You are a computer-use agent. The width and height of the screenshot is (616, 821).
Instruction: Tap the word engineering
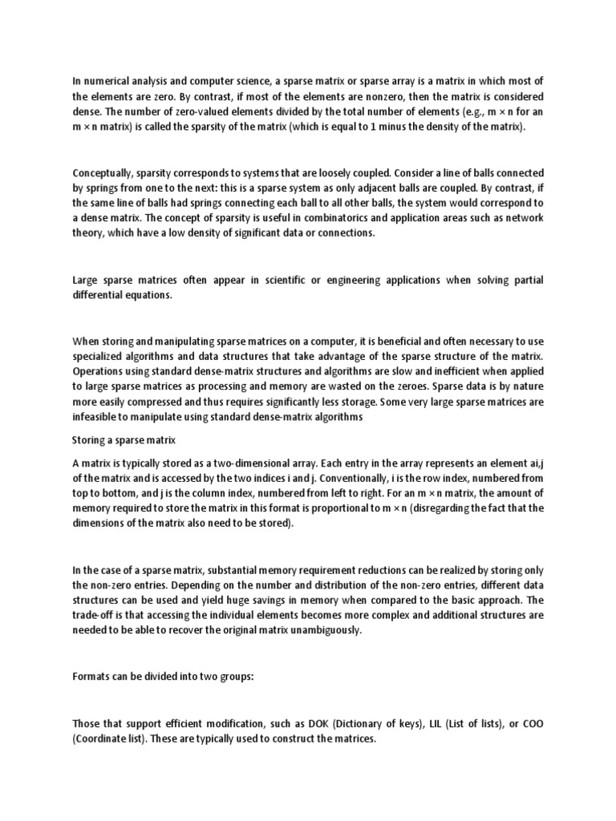coord(352,281)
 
